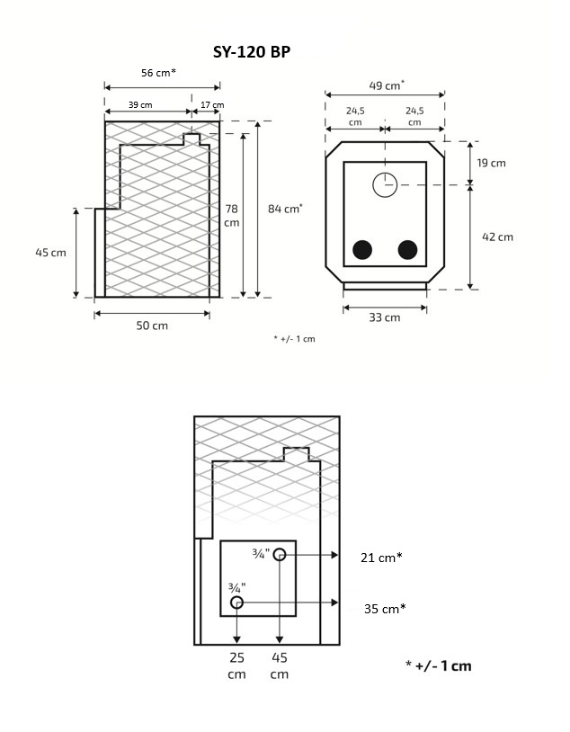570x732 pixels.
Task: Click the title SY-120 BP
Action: coord(252,53)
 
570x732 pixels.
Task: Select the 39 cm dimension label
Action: coord(139,105)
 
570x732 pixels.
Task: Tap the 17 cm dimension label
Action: coord(212,105)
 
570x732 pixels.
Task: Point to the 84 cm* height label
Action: coord(285,209)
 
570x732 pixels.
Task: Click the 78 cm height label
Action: coord(231,215)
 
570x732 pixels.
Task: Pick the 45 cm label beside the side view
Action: coord(51,253)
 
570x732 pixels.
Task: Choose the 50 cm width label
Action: coord(152,326)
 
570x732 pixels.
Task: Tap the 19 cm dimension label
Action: coord(491,163)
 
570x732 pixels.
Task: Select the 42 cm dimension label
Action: coord(497,237)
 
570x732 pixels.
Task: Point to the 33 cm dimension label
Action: coord(385,317)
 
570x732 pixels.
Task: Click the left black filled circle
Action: coord(363,250)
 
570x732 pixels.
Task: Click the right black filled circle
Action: coord(408,250)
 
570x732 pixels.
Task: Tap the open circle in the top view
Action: coord(385,184)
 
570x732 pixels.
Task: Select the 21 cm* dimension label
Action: coord(381,558)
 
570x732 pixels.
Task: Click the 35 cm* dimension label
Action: coord(385,608)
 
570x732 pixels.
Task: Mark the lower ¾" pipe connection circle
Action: coord(236,602)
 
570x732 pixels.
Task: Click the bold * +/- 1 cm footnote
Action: coord(438,666)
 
